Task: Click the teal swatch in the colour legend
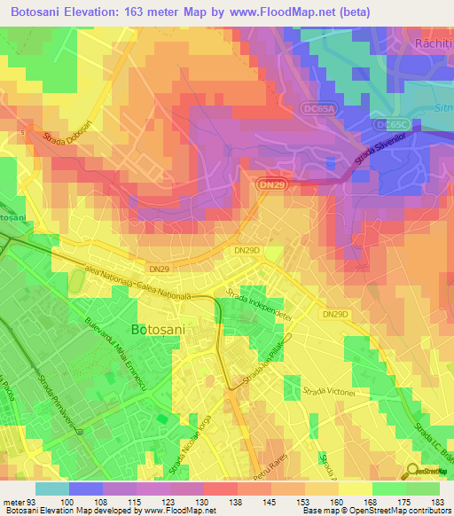point(51,489)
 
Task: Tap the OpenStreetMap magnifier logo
point(414,472)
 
